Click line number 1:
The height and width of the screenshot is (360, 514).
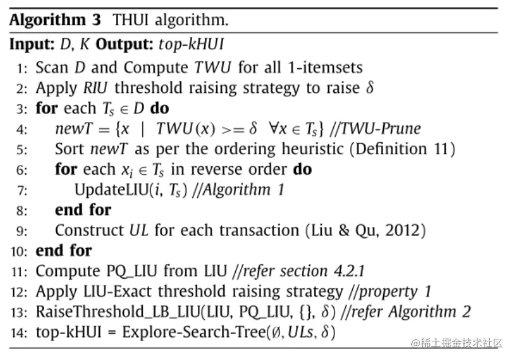click(22, 68)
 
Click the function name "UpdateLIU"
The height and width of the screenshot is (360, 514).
click(110, 190)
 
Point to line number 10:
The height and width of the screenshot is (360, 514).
click(20, 251)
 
